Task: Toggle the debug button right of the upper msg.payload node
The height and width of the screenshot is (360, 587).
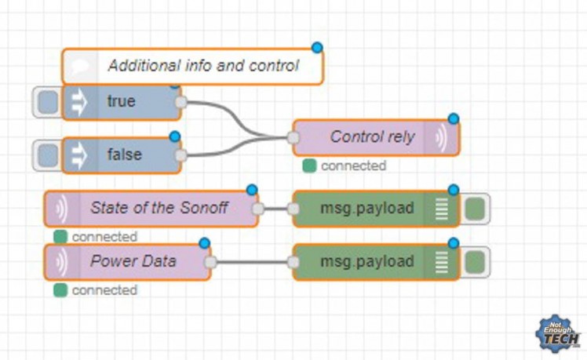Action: [474, 209]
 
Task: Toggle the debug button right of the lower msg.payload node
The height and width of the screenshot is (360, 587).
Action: [474, 261]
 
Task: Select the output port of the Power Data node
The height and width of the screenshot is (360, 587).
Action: [210, 262]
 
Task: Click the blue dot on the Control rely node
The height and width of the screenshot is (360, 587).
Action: [453, 118]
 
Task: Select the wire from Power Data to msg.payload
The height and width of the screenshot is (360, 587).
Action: [251, 262]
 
